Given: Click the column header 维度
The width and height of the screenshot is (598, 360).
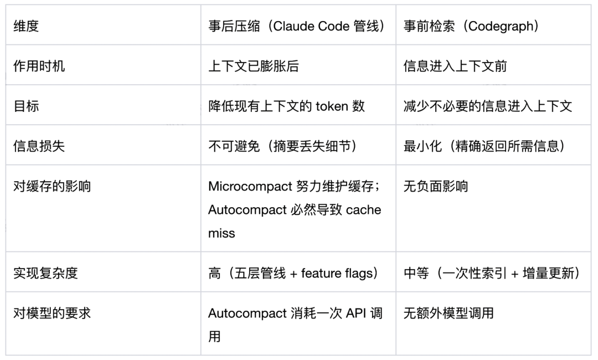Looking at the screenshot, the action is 26,26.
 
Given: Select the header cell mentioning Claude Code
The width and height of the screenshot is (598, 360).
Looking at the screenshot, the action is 297,26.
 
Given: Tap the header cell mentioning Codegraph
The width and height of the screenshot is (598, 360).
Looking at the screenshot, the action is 471,26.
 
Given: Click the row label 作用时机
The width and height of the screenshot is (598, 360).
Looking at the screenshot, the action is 39,66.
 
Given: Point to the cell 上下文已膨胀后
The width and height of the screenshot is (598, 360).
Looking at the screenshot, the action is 254,66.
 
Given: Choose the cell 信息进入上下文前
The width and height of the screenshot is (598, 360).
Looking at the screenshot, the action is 455,66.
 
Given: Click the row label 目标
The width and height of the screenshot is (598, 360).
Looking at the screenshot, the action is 26,106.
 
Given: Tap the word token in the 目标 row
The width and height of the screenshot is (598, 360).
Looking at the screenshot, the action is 332,106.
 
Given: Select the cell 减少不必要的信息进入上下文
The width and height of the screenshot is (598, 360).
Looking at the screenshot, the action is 488,106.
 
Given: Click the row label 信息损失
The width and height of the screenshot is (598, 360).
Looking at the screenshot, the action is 39,146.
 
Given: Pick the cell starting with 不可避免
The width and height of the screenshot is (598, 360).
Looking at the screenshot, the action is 282,146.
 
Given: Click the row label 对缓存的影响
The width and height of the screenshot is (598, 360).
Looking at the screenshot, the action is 52,186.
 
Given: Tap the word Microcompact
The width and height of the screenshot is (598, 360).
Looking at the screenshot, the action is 250,186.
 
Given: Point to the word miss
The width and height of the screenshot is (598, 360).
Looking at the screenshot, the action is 221,233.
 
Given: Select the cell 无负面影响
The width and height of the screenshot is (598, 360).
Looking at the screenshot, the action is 436,186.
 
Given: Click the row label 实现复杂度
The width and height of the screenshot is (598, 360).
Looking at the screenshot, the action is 45,273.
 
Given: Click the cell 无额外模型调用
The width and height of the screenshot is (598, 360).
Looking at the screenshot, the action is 448,313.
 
